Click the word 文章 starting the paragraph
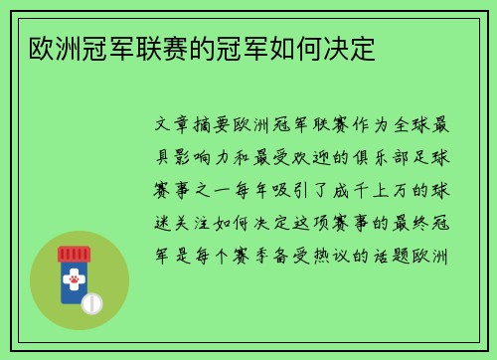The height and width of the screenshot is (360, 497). tap(178, 127)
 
